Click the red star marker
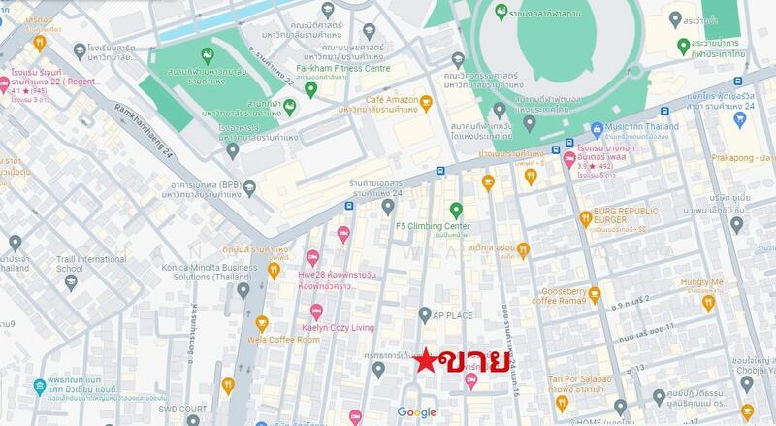[425, 361]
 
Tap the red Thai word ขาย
[474, 361]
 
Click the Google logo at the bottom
[416, 412]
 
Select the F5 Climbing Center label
[433, 226]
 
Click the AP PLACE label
[452, 315]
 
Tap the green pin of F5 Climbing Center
[455, 209]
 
